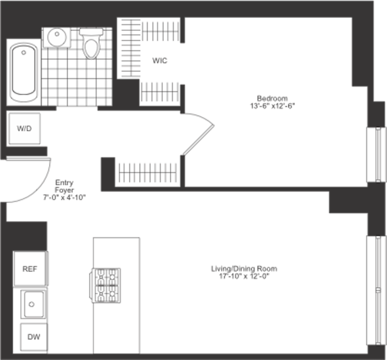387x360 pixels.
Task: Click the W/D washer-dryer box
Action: point(24,129)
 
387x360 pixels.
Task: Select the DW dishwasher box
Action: point(34,337)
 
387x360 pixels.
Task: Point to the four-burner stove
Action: point(106,285)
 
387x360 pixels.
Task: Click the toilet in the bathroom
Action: point(91,43)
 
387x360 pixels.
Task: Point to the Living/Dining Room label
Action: point(244,269)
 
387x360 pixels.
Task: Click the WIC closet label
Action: point(160,61)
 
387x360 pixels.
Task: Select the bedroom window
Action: point(378,155)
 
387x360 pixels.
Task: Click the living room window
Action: point(378,290)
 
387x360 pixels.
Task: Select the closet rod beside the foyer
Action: point(148,173)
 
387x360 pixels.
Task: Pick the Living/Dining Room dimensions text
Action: point(244,276)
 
